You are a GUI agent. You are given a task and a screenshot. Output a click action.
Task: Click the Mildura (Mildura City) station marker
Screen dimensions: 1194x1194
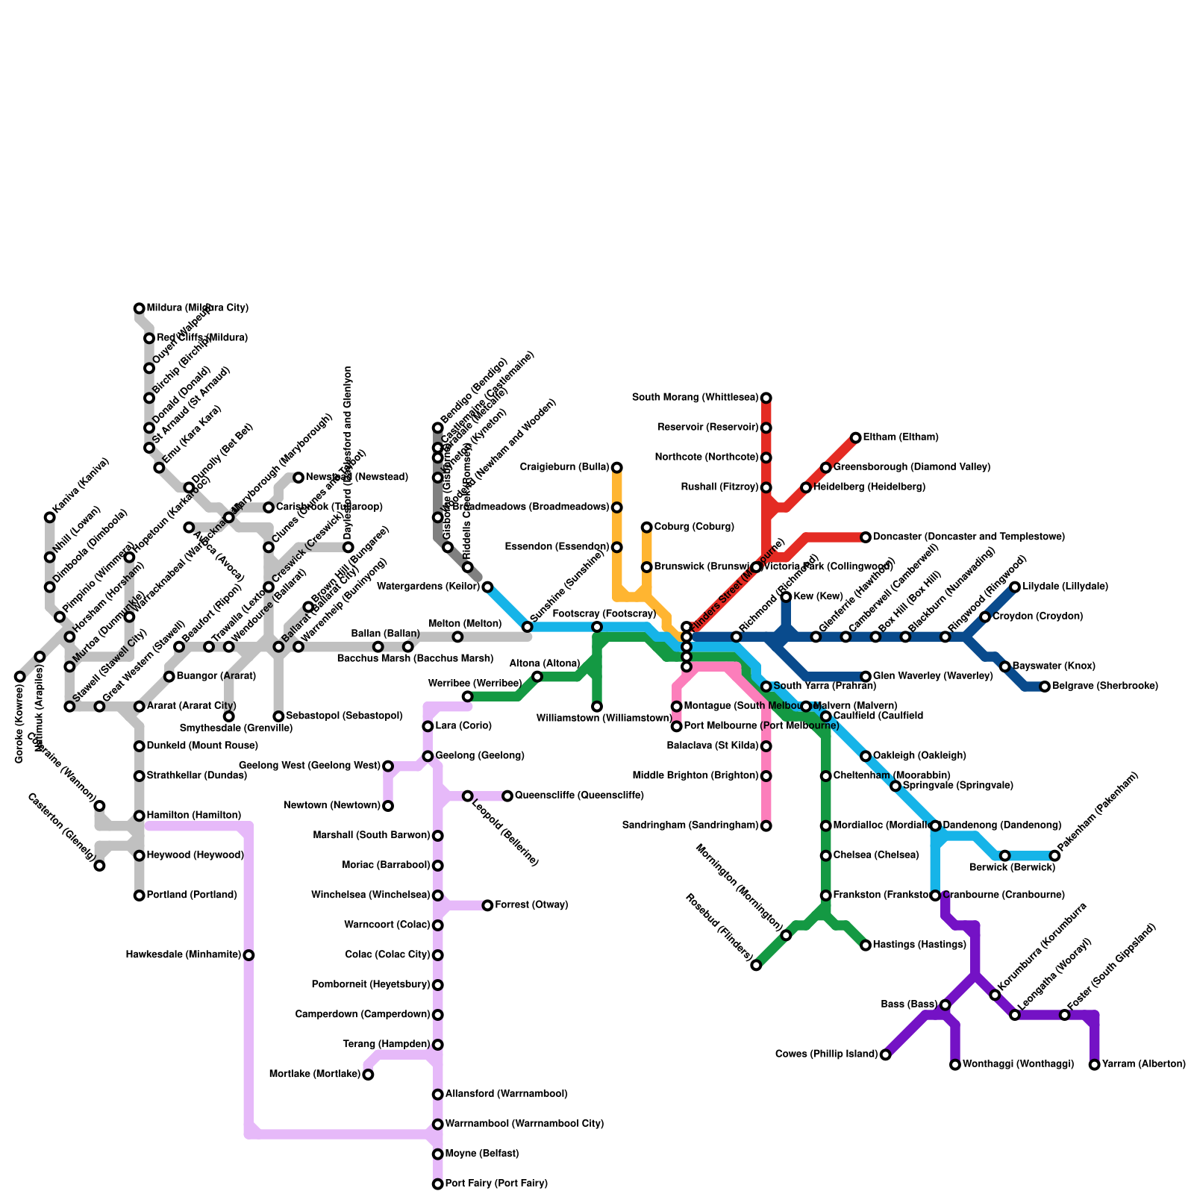coord(140,308)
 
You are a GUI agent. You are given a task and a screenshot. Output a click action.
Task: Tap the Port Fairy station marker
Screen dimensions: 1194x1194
coord(438,1184)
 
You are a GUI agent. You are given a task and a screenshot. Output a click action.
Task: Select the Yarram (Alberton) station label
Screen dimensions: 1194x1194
coord(1143,1064)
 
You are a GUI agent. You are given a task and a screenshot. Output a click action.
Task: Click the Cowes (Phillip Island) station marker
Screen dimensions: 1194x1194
coord(885,1054)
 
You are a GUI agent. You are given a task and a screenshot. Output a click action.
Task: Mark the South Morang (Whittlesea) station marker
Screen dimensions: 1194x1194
coord(766,398)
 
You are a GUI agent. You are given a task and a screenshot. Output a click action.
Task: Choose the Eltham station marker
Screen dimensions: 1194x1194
coord(856,437)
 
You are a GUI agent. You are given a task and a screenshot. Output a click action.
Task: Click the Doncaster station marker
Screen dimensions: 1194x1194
coord(866,537)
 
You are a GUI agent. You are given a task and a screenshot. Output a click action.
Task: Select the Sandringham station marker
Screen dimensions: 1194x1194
coord(766,825)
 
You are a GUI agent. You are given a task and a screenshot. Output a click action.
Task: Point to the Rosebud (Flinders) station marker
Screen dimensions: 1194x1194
coord(756,965)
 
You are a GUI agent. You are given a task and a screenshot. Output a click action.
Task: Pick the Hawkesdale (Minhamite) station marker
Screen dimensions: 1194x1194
coord(249,955)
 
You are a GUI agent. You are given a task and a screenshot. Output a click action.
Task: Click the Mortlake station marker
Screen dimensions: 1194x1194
coord(368,1075)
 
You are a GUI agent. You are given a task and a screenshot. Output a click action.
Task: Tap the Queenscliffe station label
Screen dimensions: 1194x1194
coord(579,796)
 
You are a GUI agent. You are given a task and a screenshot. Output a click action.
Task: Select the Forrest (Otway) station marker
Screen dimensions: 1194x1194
coord(487,905)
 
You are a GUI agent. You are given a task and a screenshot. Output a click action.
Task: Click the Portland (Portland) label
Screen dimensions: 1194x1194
coord(192,895)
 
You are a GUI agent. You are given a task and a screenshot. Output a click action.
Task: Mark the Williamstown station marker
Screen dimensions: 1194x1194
coord(597,707)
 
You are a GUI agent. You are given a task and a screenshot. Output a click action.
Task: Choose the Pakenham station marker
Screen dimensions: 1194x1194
coord(1054,855)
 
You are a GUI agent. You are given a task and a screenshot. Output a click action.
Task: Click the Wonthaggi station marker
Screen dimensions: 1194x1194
coord(955,1065)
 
